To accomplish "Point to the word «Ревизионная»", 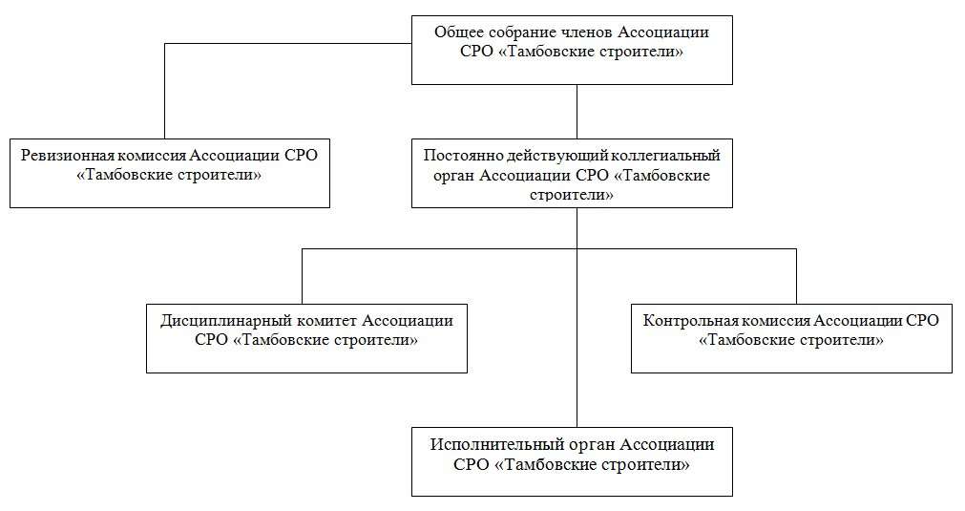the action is [x=68, y=155].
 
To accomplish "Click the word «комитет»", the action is [x=326, y=321].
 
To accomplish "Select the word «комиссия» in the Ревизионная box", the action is [x=152, y=156].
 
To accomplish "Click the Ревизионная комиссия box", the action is [x=170, y=173].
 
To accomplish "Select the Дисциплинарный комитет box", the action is [x=306, y=338].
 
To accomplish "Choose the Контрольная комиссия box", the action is [x=791, y=338].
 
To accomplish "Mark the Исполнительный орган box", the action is [x=573, y=461].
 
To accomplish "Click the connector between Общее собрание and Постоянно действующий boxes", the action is [x=577, y=112].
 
